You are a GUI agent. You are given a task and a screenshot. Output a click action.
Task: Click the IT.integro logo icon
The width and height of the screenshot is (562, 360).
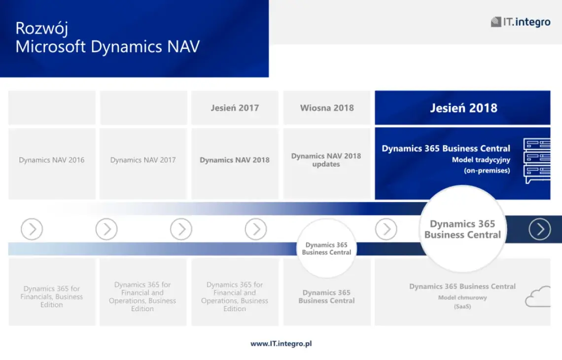pos(496,22)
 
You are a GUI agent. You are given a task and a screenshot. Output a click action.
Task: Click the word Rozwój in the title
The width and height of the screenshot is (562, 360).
pos(41,28)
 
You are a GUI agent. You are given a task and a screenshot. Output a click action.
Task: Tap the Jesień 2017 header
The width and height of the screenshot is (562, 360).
pos(235,108)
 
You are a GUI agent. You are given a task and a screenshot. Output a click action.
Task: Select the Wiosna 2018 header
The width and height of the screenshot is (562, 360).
pos(327,108)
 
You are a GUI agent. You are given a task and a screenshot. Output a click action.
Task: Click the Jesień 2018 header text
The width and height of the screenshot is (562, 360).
pos(464,108)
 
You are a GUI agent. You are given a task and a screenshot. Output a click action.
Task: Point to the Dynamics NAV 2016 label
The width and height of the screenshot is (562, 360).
pos(52,160)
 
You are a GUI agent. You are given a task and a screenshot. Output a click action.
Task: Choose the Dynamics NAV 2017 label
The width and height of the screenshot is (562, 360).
pos(143,160)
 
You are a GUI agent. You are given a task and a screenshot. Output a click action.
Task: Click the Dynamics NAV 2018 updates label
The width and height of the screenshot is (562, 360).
pos(326,160)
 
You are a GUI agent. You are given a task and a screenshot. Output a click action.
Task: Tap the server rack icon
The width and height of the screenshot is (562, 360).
pos(537,161)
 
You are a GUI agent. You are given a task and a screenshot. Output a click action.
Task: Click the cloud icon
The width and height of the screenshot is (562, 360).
pos(538,296)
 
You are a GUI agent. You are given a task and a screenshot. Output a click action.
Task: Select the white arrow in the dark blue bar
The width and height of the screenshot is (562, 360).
pos(539,229)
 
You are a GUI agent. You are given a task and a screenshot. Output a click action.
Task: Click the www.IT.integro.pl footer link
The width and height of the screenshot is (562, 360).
pos(281,344)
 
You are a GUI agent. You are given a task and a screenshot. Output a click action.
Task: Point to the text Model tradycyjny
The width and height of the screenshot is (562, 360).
pos(481,160)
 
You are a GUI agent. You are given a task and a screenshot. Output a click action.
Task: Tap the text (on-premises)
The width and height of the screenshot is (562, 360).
pos(487,170)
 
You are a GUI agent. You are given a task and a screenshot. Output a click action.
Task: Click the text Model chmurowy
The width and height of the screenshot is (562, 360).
pos(462,297)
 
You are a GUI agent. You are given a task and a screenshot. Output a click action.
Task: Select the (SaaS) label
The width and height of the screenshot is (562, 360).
pos(462,307)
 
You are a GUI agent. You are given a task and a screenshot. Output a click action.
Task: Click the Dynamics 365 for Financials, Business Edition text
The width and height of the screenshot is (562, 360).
pos(52,296)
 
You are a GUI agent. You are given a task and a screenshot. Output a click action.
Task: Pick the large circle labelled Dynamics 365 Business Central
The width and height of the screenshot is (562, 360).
pos(463,229)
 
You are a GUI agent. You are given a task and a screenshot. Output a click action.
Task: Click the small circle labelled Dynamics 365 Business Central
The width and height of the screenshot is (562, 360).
pos(326,248)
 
